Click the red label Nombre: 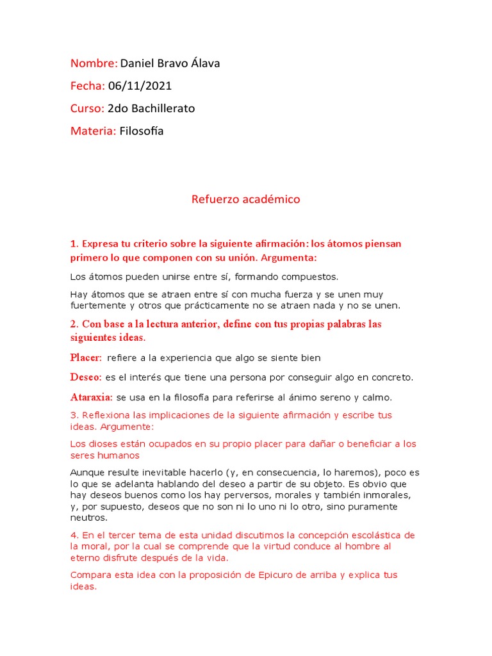(x=94, y=63)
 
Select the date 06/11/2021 (x=140, y=86)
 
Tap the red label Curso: (x=87, y=108)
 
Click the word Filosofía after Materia (x=142, y=131)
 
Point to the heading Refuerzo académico (x=245, y=199)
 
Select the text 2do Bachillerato (x=151, y=108)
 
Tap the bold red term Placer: (x=86, y=357)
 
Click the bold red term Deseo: (x=86, y=377)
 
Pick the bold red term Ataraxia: (x=92, y=397)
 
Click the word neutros (x=88, y=518)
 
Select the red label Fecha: (x=88, y=86)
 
